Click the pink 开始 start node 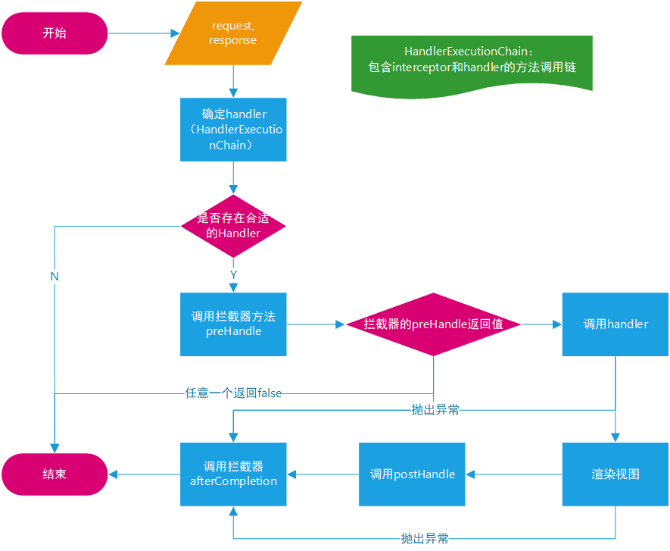55,33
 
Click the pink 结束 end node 55,474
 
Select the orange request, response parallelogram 233,33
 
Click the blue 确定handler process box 233,129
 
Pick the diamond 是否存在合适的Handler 233,226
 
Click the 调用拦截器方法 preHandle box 233,324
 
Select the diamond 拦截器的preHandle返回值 433,324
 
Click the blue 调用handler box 615,324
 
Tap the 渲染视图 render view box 615,474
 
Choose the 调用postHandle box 412,474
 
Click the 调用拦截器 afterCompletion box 233,474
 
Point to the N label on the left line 55,277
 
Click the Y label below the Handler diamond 233,274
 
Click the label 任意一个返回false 233,393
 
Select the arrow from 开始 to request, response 144,33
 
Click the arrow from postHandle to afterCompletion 323,474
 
